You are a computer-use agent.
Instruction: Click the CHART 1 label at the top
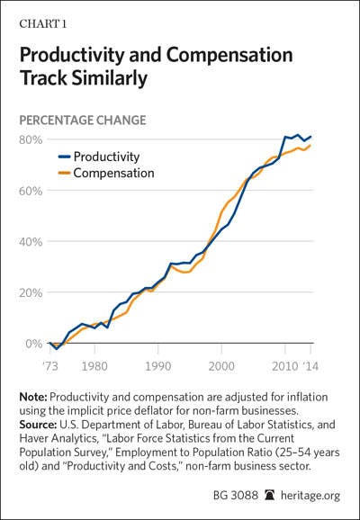[x=43, y=24]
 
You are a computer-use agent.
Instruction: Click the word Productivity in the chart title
[x=72, y=55]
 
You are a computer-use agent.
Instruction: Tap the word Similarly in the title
[x=110, y=78]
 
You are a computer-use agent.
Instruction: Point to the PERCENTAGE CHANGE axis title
[x=83, y=120]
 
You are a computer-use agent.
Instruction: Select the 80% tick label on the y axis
[x=31, y=139]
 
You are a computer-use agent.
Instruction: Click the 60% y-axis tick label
[x=31, y=191]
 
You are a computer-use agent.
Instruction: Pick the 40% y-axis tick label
[x=31, y=242]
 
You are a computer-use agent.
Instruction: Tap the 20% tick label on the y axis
[x=31, y=292]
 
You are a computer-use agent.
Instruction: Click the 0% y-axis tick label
[x=34, y=344]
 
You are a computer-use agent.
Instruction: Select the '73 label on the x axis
[x=49, y=366]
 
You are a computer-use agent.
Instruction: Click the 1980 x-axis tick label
[x=94, y=366]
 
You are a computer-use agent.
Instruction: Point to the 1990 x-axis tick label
[x=158, y=366]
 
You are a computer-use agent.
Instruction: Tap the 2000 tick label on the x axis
[x=221, y=366]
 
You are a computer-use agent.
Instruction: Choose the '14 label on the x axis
[x=310, y=366]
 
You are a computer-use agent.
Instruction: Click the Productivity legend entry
[x=99, y=157]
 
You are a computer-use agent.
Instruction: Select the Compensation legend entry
[x=106, y=173]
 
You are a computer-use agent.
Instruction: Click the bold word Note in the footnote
[x=34, y=397]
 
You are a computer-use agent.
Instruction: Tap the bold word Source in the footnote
[x=38, y=425]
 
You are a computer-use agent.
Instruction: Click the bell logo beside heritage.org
[x=269, y=496]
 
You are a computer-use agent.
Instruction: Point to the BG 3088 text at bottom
[x=236, y=496]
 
